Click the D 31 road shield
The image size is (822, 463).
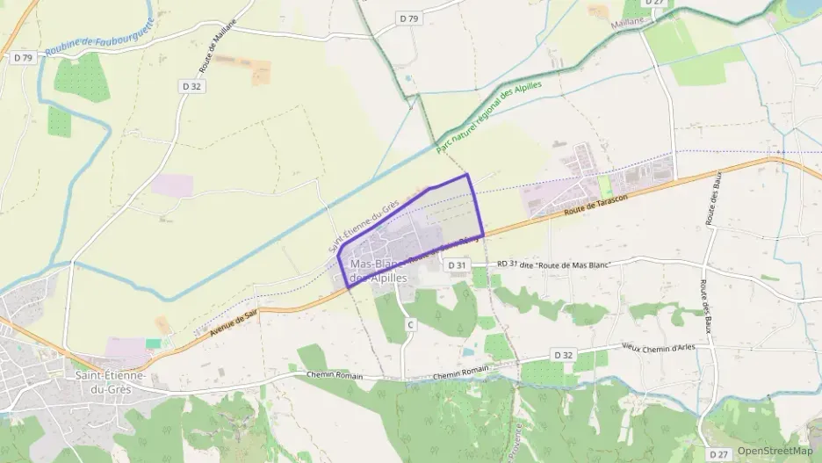(x=456, y=264)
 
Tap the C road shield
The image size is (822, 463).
(x=410, y=325)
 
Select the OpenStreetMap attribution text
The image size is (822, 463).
(x=775, y=452)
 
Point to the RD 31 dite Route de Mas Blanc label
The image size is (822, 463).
(x=552, y=264)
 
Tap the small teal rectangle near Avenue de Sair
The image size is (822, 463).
(x=154, y=343)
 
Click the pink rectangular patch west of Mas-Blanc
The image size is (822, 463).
(x=172, y=184)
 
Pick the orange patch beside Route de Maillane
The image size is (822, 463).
(x=262, y=72)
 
